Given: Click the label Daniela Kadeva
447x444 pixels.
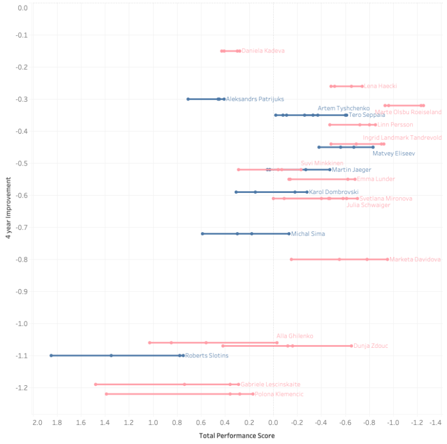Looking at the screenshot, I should (263, 51).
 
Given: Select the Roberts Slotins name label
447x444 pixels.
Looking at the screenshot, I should (207, 356).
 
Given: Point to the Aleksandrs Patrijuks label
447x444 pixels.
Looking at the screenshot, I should (255, 99).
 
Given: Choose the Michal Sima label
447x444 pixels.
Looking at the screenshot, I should (308, 234).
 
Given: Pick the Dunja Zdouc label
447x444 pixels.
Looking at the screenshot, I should (371, 346).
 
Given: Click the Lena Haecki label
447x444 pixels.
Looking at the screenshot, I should (381, 86).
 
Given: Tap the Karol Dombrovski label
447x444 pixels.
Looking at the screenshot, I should (334, 192).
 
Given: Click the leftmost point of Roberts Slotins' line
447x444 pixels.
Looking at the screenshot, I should (51, 356).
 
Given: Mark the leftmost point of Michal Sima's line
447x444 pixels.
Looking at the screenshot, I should (202, 234).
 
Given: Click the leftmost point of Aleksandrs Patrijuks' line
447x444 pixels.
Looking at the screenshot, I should (188, 99).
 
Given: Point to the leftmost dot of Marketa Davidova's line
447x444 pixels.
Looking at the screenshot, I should (291, 259).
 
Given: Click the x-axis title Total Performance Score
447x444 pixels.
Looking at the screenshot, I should (237, 435).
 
